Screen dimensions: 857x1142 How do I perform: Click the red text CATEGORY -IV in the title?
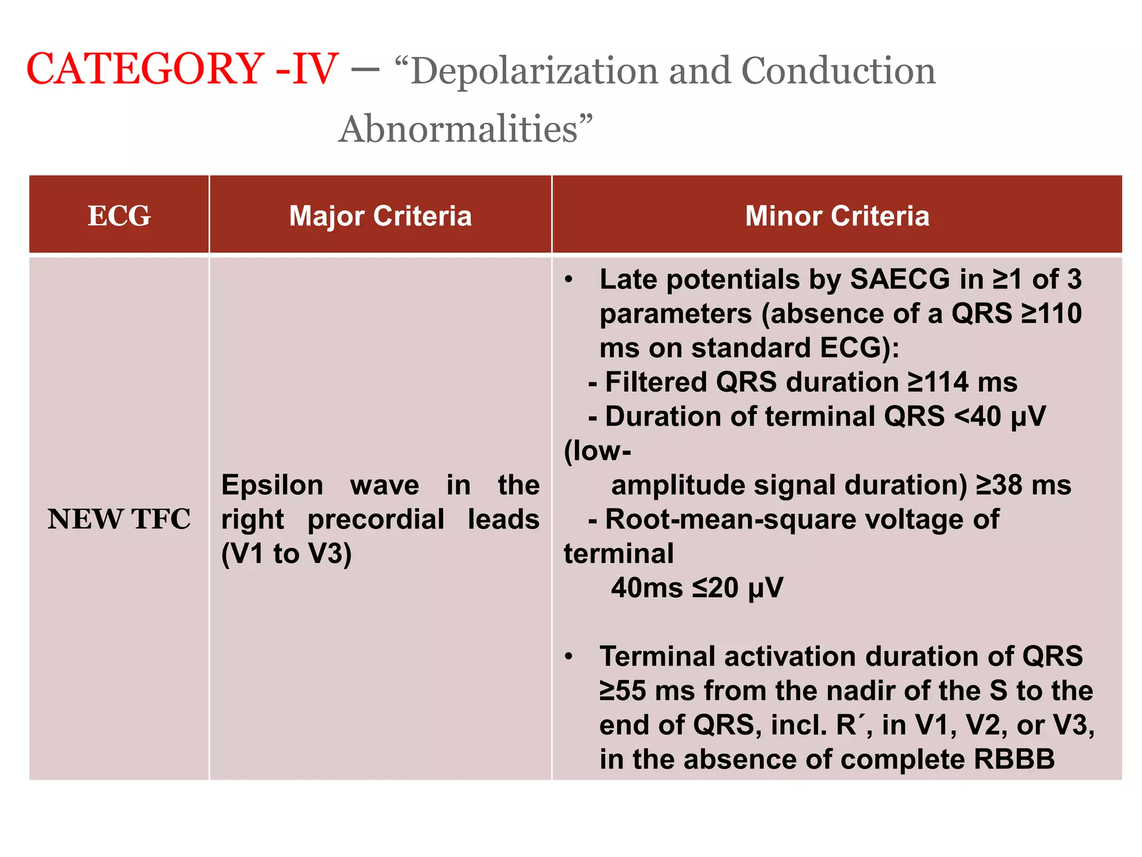182,69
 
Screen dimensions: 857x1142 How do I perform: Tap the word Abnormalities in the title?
458,129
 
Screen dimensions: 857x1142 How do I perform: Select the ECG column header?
119,216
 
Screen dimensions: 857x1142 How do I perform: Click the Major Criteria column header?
380,216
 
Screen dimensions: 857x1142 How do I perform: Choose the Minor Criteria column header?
837,216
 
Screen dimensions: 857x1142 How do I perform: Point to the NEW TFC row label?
119,519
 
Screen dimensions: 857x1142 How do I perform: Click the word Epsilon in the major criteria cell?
272,485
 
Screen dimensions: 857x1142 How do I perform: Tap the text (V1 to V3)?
286,554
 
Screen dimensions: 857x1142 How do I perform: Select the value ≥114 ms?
962,383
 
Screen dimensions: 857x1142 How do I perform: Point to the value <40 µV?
1000,417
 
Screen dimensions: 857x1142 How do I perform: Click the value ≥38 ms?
1023,485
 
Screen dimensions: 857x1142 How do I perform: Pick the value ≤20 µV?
737,588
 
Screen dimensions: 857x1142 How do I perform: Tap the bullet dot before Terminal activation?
568,657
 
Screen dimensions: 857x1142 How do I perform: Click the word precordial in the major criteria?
376,519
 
